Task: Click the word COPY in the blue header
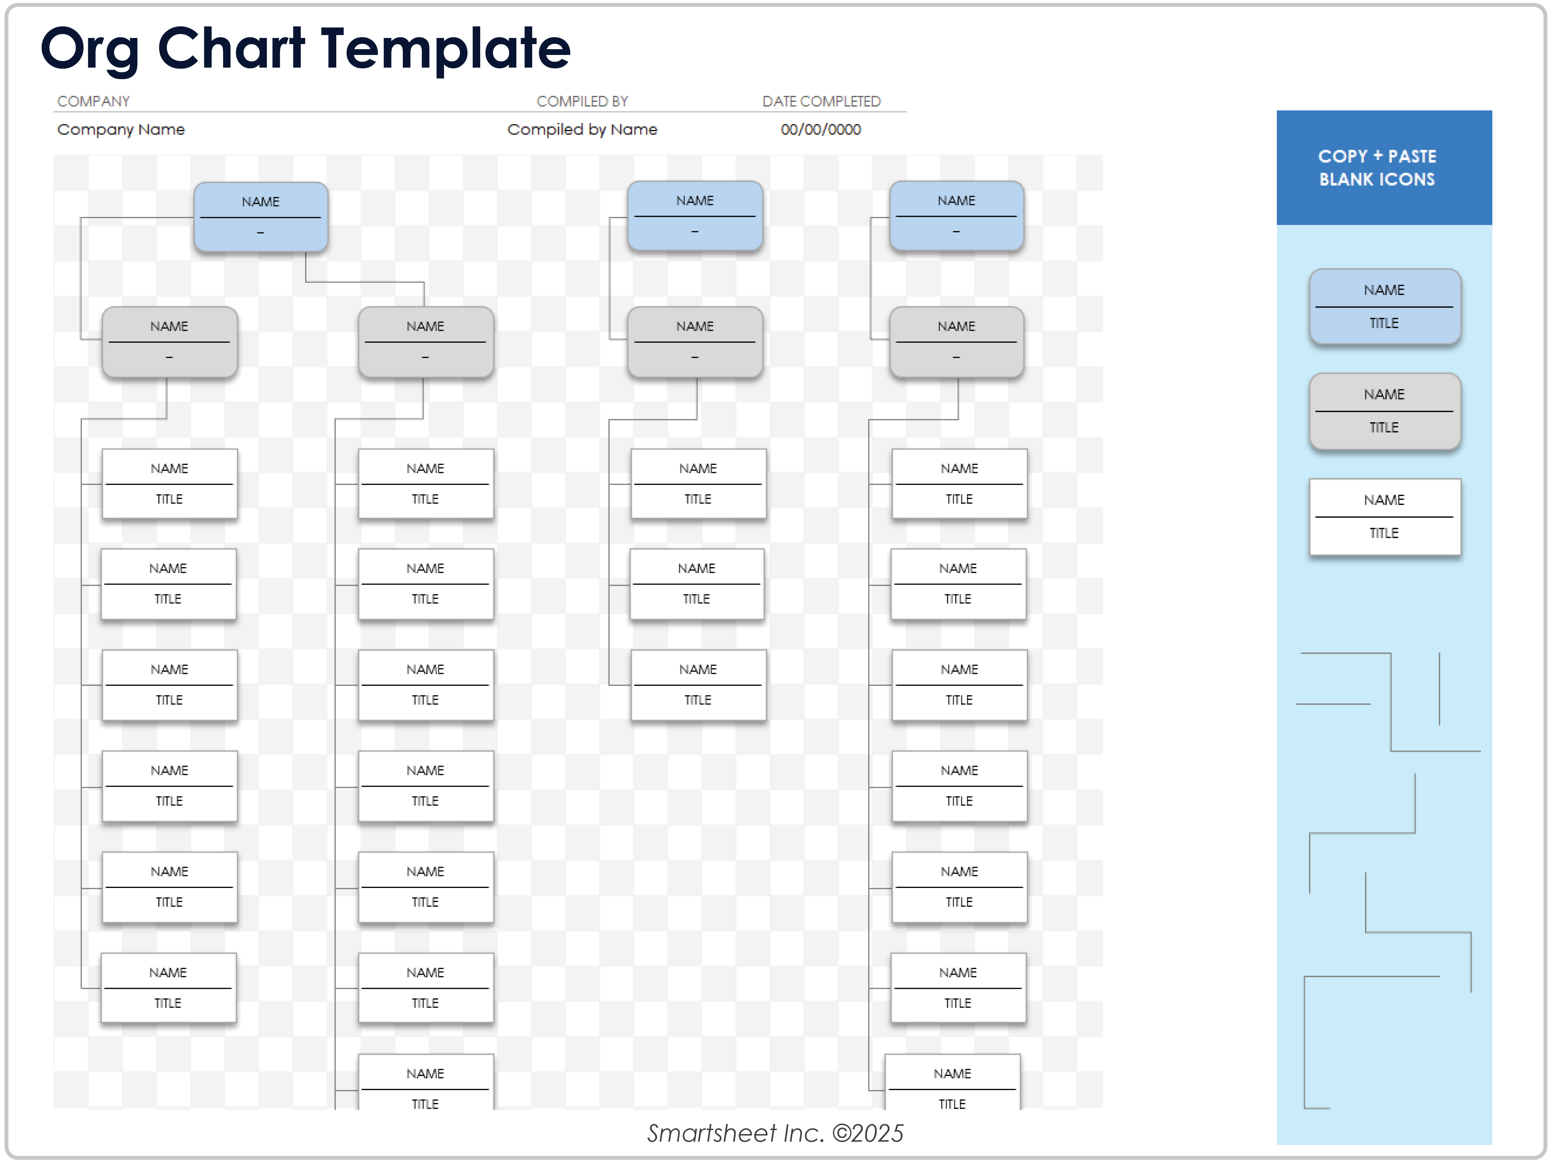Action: (x=1342, y=157)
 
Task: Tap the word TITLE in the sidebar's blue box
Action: (x=1383, y=323)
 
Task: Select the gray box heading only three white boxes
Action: (x=695, y=342)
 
